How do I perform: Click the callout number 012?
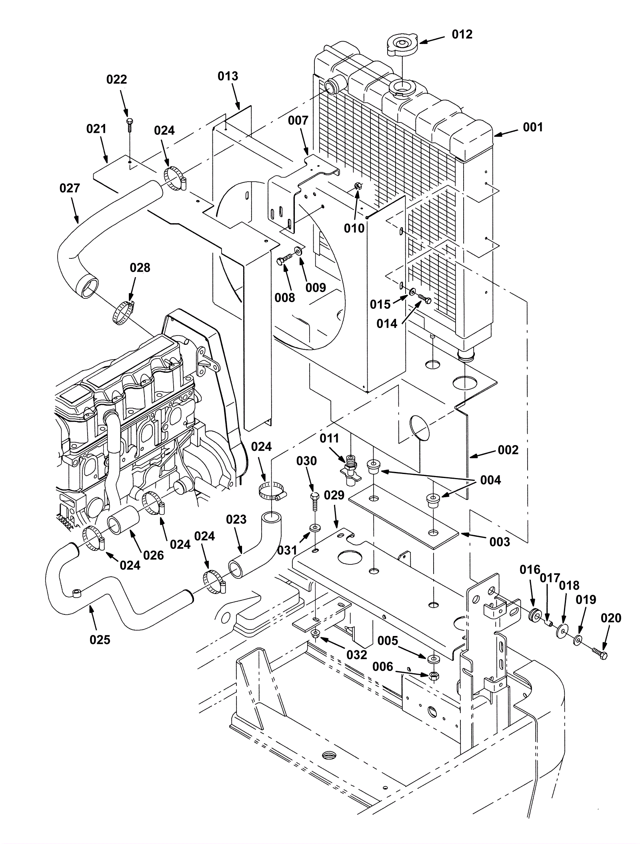click(x=462, y=34)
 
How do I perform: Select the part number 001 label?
click(x=533, y=127)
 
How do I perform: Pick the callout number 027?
click(x=70, y=188)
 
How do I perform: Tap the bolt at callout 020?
click(x=600, y=654)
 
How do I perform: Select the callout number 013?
click(x=228, y=76)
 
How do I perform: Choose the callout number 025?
click(x=100, y=640)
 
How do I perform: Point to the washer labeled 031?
click(x=315, y=527)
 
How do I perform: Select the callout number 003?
click(x=500, y=542)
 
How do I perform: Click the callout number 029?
click(x=334, y=495)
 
